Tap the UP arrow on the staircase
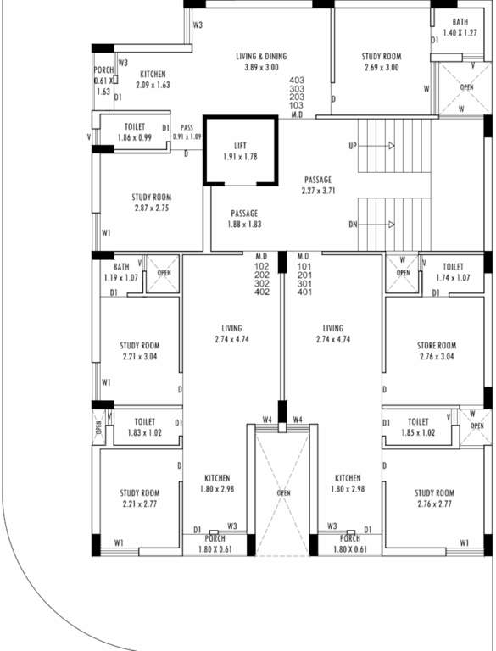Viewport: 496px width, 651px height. pos(390,146)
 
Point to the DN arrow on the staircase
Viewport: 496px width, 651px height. pos(390,225)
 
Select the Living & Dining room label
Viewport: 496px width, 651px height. pos(261,57)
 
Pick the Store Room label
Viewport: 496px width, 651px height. pos(437,346)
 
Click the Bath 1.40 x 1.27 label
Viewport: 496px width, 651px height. pos(460,22)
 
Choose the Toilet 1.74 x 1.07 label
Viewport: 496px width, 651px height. pos(452,267)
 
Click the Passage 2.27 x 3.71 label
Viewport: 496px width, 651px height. pos(318,180)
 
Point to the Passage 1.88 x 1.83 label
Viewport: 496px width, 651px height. pos(244,214)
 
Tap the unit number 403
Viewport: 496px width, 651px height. pos(297,80)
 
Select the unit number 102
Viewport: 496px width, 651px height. pos(261,265)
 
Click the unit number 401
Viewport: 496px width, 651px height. pos(304,293)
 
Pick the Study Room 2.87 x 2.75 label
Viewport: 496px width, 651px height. pos(151,198)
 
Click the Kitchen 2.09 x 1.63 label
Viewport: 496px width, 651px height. pos(153,75)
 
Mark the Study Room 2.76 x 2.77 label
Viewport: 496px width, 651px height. pos(434,493)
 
